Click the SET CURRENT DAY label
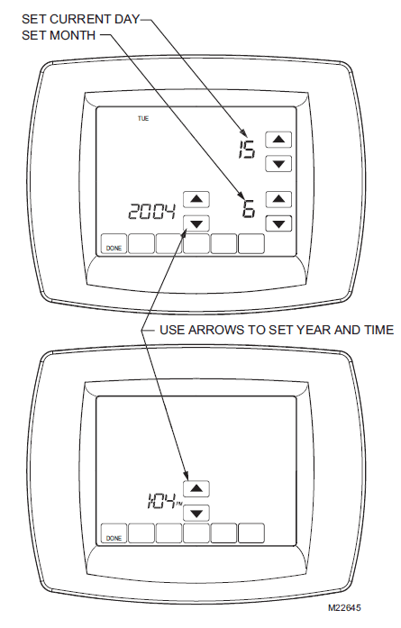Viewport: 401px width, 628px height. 80,19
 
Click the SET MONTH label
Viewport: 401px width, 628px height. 59,35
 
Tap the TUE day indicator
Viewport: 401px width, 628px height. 143,119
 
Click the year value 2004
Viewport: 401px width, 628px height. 151,211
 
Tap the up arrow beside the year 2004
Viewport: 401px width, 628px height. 196,199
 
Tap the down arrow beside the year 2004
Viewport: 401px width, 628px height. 196,223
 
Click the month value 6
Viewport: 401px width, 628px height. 249,209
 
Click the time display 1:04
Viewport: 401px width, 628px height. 161,501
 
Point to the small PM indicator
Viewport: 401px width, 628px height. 178,504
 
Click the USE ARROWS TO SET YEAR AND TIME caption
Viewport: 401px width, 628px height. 277,330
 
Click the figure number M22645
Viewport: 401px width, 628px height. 344,608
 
